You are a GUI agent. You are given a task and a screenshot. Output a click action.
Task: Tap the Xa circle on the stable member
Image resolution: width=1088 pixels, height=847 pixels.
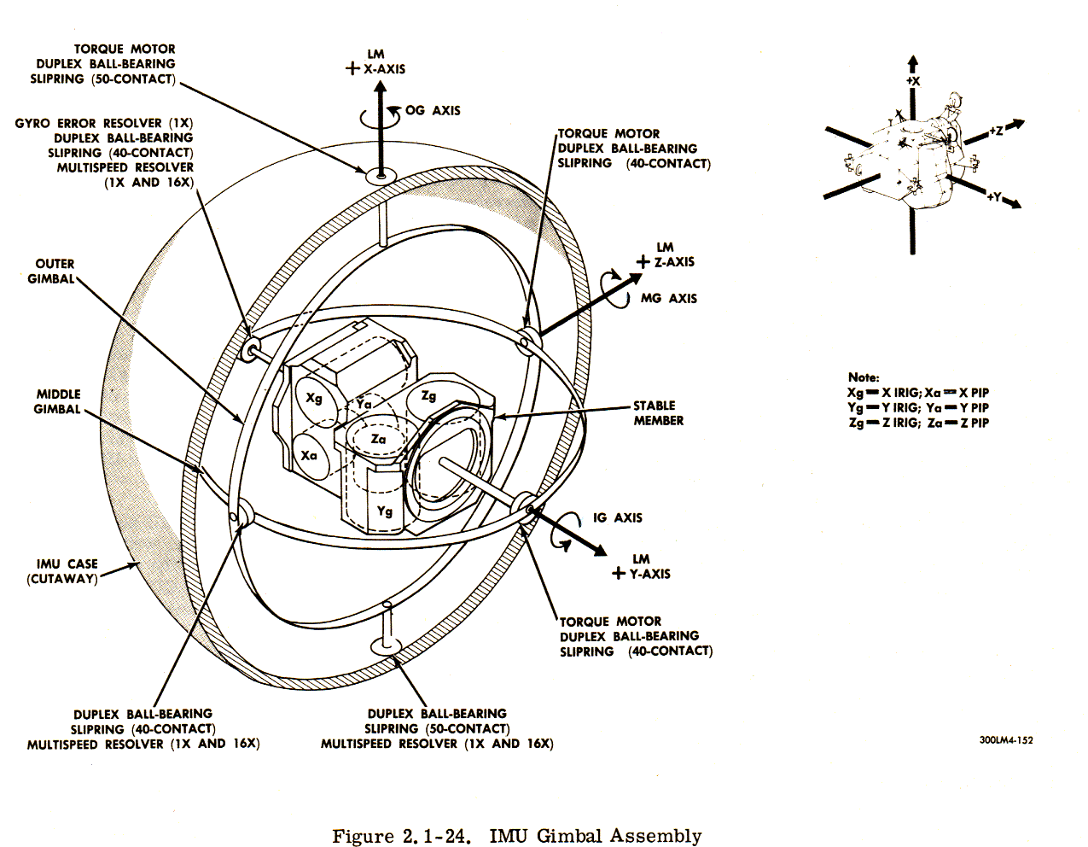309,455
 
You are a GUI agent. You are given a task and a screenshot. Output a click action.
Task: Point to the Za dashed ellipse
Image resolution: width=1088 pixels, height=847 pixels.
378,439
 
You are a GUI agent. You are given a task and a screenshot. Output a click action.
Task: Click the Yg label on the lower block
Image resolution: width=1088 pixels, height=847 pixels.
385,511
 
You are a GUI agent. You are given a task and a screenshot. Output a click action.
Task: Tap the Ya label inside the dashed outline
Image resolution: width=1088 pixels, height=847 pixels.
365,402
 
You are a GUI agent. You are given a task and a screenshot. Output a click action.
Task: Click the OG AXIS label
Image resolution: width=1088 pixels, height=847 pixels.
433,110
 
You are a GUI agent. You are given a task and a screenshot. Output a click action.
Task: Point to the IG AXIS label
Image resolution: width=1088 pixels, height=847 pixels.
617,517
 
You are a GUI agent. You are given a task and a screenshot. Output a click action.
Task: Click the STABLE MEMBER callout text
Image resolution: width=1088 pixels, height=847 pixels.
657,412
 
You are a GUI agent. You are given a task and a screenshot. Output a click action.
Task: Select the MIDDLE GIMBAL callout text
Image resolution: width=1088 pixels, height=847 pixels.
57,401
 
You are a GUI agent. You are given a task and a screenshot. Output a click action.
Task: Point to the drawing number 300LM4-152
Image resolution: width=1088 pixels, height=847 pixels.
1006,739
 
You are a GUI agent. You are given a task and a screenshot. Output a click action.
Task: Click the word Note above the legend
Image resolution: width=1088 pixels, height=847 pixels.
864,377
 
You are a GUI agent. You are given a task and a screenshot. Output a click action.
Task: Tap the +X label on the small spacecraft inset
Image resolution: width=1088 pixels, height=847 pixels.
912,80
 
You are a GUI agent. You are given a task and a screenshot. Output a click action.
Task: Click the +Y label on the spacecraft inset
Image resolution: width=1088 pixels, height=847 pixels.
993,196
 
